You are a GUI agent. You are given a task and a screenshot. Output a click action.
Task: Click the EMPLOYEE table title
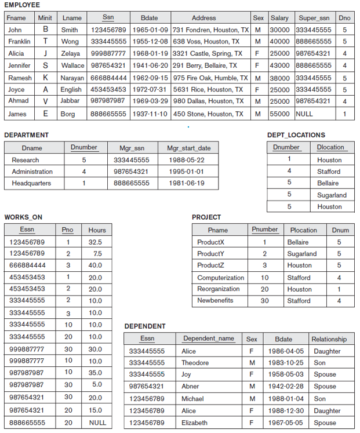coord(21,5)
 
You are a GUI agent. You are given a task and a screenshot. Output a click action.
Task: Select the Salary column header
coord(279,18)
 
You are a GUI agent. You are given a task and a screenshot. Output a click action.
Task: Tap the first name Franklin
coord(19,42)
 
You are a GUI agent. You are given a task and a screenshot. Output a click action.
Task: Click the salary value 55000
coord(279,114)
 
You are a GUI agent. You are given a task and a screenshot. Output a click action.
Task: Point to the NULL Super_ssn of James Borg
coord(304,114)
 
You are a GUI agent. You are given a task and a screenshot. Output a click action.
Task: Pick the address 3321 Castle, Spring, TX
coord(207,53)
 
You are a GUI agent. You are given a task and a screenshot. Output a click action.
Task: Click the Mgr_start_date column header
coord(189,148)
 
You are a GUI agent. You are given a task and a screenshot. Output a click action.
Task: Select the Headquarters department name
coord(31,183)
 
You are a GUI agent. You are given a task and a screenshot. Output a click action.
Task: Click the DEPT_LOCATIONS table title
coord(296,135)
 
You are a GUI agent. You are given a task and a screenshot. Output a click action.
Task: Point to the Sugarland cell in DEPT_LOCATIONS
coord(332,195)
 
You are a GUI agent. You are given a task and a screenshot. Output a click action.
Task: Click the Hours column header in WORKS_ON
coord(97,230)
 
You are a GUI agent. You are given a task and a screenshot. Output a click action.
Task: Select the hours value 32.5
coord(95,242)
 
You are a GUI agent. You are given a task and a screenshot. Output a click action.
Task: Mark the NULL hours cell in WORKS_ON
coord(97,423)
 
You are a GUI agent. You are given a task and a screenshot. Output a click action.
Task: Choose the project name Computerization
coord(220,278)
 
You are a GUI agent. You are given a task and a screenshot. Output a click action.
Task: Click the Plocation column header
coord(303,230)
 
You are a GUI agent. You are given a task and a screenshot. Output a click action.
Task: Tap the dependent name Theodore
coord(195,363)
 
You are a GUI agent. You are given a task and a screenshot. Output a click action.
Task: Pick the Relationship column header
coord(329,339)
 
